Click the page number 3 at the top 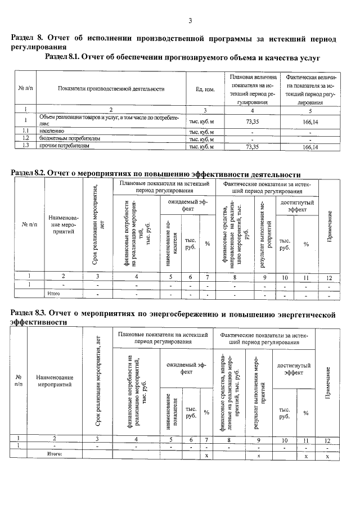190,21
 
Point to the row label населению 50,130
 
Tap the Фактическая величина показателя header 310,89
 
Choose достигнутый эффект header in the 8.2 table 296,205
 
